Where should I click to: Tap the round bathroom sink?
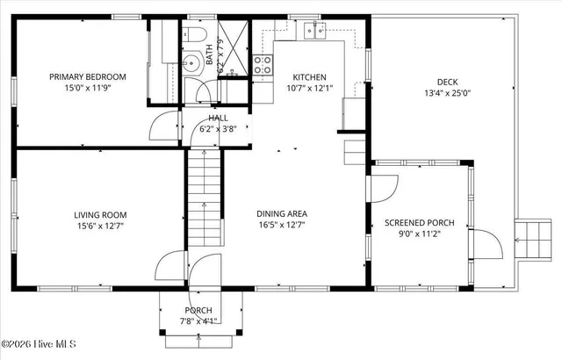[191, 62]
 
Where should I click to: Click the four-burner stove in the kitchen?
[263, 63]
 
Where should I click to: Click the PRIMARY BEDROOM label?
[87, 77]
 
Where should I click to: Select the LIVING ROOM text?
[100, 214]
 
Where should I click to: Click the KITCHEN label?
[309, 76]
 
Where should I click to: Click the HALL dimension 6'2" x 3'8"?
[218, 128]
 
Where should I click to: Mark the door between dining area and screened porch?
[383, 188]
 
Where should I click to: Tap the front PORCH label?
[198, 311]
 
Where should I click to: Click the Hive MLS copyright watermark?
[39, 343]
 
